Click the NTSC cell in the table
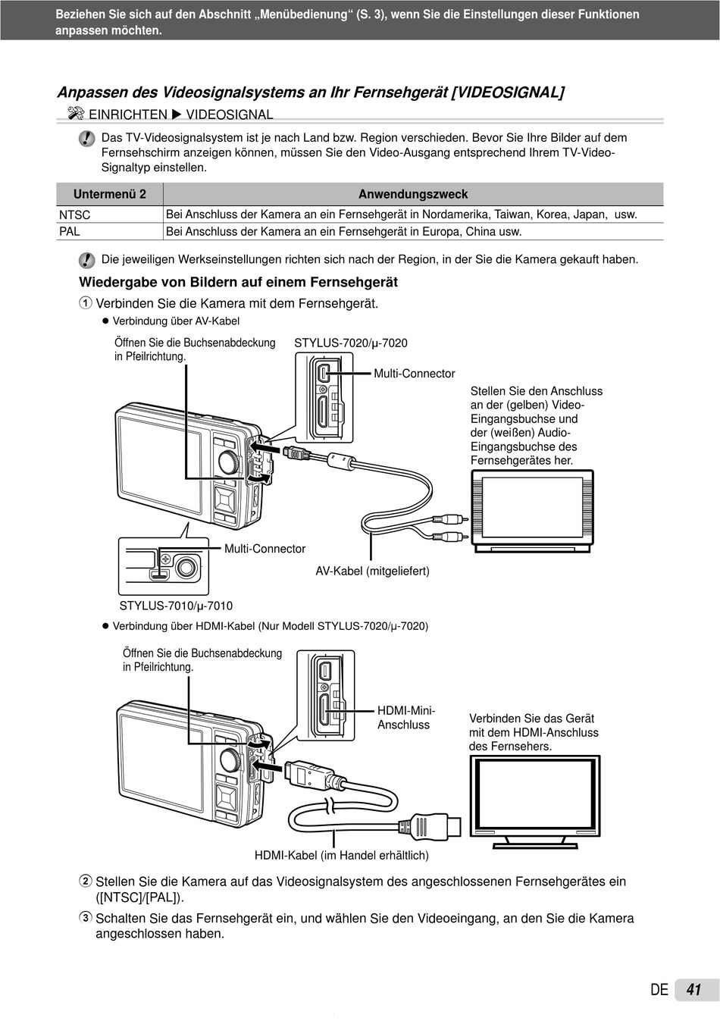[x=75, y=215]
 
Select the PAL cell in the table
[x=70, y=231]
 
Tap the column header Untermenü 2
[x=110, y=194]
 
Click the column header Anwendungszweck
[x=413, y=194]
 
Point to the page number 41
[x=693, y=990]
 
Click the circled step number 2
[x=86, y=882]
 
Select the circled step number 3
[x=86, y=918]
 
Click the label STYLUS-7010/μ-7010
[x=176, y=606]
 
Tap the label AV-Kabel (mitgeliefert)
[x=372, y=571]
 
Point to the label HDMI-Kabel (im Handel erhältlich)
[x=341, y=855]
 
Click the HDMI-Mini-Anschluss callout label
[x=406, y=717]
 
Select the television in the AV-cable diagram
[x=532, y=510]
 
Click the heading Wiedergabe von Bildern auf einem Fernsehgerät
[x=238, y=282]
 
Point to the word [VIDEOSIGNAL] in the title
[x=507, y=92]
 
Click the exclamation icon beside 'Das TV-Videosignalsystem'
[x=87, y=139]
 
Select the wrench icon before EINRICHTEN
[x=75, y=114]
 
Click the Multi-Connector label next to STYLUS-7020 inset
[x=414, y=373]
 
